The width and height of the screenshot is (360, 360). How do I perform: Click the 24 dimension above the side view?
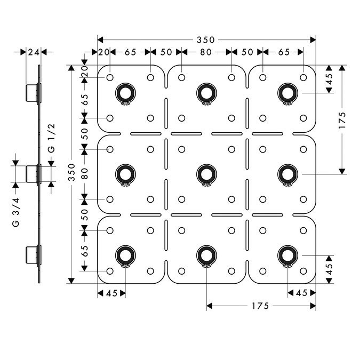click(33, 52)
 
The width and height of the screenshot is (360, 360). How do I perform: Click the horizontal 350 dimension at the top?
click(205, 39)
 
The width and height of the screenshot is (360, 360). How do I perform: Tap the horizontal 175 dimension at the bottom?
click(261, 306)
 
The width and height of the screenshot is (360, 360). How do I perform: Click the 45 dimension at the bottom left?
click(111, 292)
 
